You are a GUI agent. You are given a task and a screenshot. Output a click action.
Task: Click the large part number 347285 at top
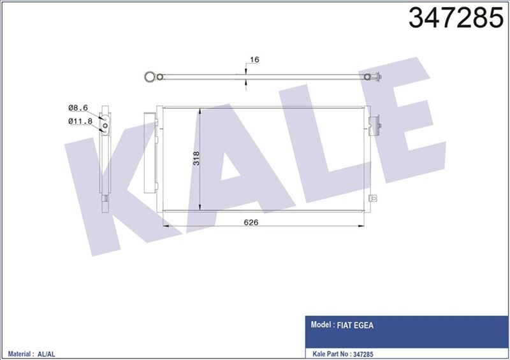tap(455, 18)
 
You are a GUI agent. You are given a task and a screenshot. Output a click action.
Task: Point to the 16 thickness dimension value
tap(254, 60)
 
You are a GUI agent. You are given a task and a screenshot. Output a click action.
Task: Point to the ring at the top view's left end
tap(149, 76)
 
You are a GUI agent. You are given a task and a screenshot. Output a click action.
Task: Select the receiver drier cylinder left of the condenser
tap(151, 150)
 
